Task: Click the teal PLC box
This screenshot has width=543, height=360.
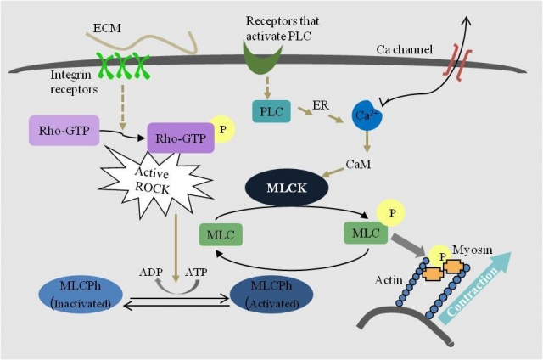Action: pyautogui.click(x=271, y=111)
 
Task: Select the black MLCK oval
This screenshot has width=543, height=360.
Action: pyautogui.click(x=287, y=188)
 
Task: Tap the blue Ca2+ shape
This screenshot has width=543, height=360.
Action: pyautogui.click(x=367, y=115)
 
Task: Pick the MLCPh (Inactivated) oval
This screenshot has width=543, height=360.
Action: pyautogui.click(x=81, y=295)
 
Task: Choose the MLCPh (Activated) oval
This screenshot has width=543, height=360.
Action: pyautogui.click(x=271, y=295)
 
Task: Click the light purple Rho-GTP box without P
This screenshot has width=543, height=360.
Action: pyautogui.click(x=64, y=131)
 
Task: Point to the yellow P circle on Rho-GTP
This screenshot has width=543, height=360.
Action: pyautogui.click(x=222, y=130)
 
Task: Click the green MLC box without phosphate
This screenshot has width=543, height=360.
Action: pyautogui.click(x=221, y=235)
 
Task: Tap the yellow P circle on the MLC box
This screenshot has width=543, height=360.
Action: pyautogui.click(x=392, y=212)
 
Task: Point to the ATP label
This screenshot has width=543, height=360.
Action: pyautogui.click(x=196, y=273)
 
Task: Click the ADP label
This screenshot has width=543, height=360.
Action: pyautogui.click(x=151, y=273)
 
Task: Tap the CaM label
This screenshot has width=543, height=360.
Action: pyautogui.click(x=358, y=164)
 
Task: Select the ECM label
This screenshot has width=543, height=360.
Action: pyautogui.click(x=108, y=28)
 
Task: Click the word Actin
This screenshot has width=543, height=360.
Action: pyautogui.click(x=389, y=280)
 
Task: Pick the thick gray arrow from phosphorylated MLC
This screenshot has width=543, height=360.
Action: pyautogui.click(x=409, y=246)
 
